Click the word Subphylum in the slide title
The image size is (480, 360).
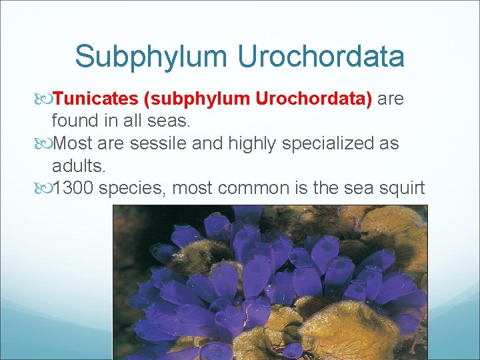click(x=151, y=57)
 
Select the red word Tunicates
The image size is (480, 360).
click(x=95, y=99)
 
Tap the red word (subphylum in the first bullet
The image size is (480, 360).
click(x=195, y=99)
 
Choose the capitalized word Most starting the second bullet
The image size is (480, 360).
click(x=74, y=144)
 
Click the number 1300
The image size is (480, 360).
click(x=74, y=189)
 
